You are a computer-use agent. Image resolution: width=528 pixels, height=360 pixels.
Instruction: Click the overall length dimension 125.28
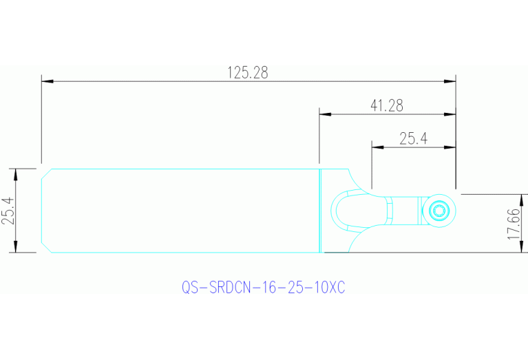[x=247, y=72]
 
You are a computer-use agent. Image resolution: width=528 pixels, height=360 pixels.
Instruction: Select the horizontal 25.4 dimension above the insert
[x=413, y=138]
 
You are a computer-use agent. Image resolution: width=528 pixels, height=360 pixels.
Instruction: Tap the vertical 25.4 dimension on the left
[x=8, y=211]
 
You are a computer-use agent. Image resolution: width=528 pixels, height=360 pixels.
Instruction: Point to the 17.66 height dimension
[x=513, y=224]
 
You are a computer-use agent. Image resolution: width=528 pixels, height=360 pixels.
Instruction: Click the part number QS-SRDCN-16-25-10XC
[x=263, y=287]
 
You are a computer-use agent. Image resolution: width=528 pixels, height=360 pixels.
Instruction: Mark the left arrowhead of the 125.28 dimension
[x=47, y=81]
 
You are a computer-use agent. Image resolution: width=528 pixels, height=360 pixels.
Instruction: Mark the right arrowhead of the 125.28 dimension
[x=450, y=81]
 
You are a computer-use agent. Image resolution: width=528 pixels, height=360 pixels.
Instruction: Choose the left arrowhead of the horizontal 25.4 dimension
[x=377, y=146]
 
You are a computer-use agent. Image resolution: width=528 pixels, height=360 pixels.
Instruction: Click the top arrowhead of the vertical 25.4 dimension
[x=16, y=173]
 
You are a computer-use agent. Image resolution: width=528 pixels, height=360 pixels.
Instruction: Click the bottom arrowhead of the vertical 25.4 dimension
[x=16, y=248]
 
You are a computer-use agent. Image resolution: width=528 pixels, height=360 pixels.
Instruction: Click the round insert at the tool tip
[x=439, y=209]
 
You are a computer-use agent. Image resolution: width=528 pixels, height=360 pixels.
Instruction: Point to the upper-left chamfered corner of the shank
[x=45, y=173]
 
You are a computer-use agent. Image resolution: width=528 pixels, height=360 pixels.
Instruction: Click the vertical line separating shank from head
[x=321, y=211]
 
